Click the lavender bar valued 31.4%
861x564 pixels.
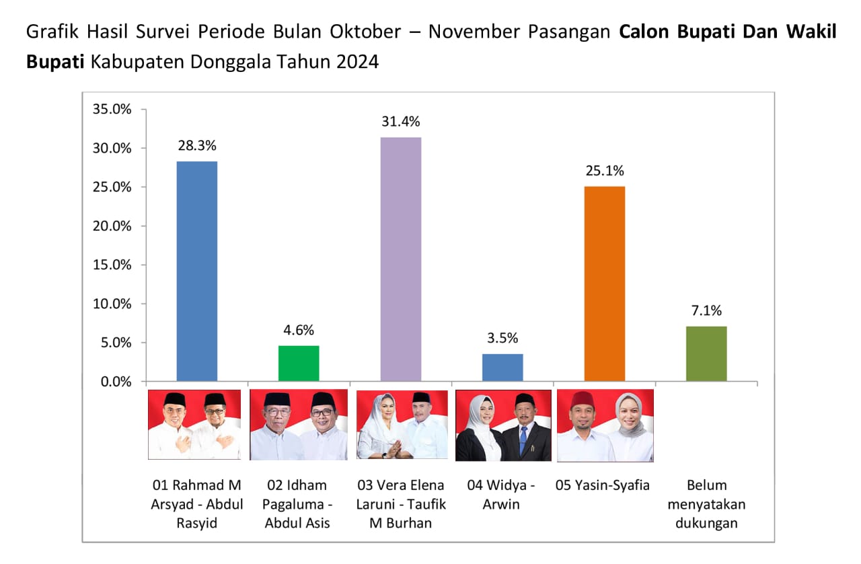click(401, 259)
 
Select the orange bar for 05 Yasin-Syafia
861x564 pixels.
click(605, 283)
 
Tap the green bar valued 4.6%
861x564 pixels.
click(299, 363)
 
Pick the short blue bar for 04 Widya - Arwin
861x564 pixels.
click(502, 367)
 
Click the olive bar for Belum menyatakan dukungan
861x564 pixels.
click(706, 354)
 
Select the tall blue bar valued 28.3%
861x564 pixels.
click(197, 271)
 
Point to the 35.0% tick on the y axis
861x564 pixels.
click(112, 109)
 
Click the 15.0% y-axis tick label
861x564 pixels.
click(112, 265)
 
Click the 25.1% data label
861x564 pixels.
click(605, 171)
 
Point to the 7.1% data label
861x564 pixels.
click(706, 311)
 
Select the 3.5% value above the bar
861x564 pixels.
click(502, 339)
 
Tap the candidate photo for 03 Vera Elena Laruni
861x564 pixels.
click(402, 424)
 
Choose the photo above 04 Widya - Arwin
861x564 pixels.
click(503, 425)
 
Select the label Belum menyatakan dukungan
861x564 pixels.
click(706, 503)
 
